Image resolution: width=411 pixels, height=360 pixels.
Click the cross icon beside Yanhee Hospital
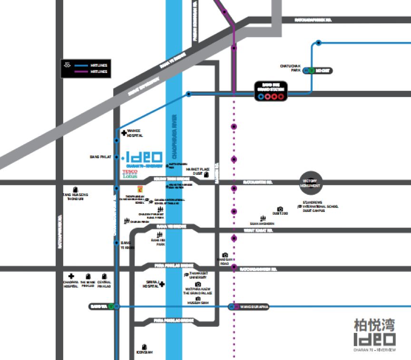124,133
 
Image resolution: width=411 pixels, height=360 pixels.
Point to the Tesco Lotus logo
129,173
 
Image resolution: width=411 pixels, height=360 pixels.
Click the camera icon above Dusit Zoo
280,209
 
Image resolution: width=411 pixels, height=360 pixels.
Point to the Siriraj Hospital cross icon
162,284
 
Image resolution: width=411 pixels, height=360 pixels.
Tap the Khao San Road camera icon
225,255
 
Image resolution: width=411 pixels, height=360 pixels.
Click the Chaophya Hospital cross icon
71,276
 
